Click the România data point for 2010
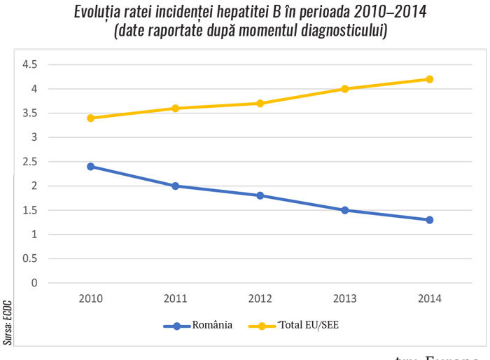pyautogui.click(x=90, y=167)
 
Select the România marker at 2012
pyautogui.click(x=260, y=195)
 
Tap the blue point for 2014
pyautogui.click(x=429, y=220)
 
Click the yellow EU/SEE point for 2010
pyautogui.click(x=90, y=118)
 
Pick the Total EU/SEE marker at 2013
pyautogui.click(x=344, y=89)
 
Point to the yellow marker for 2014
pyautogui.click(x=429, y=79)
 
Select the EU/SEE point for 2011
pyautogui.click(x=175, y=108)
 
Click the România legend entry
pyautogui.click(x=197, y=326)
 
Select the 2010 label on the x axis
pyautogui.click(x=90, y=298)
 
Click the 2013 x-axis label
pyautogui.click(x=344, y=298)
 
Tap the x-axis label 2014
pyautogui.click(x=429, y=298)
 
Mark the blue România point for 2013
pyautogui.click(x=344, y=210)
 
